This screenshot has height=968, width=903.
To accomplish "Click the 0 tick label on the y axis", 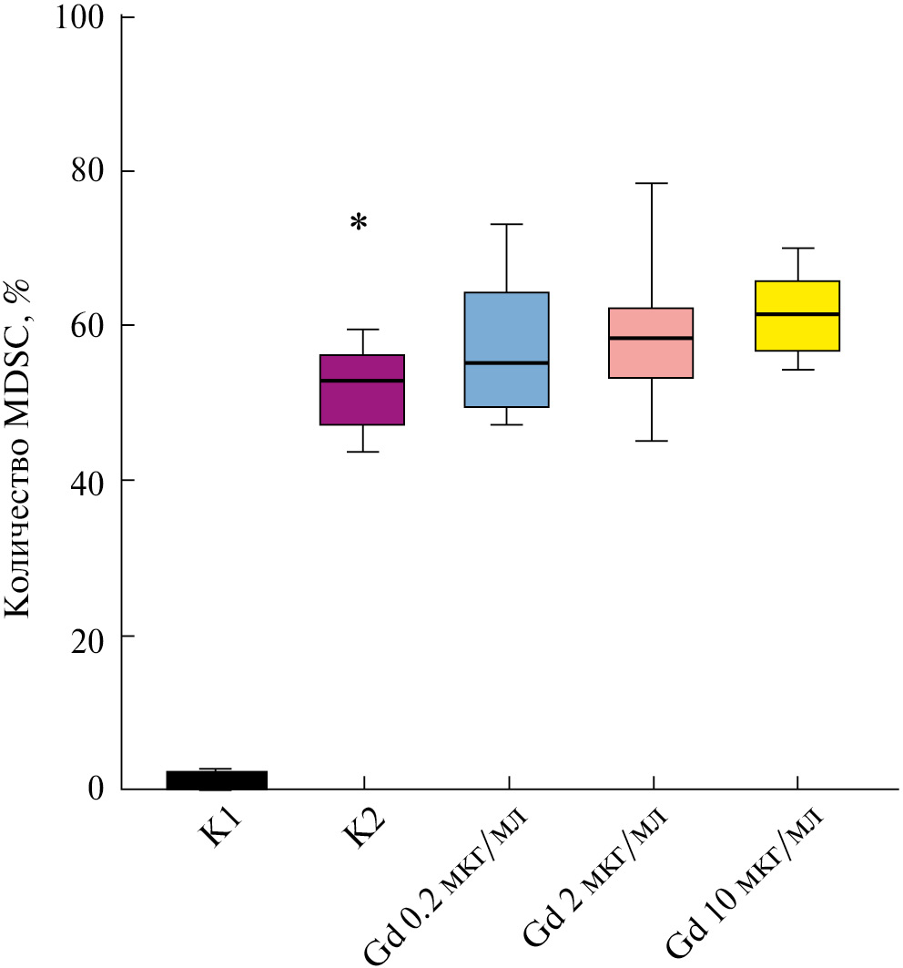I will [96, 789].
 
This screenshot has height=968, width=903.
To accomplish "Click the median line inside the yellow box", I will [796, 314].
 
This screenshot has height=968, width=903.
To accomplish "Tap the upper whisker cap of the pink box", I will [651, 183].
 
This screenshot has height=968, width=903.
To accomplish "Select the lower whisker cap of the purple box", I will [362, 452].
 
